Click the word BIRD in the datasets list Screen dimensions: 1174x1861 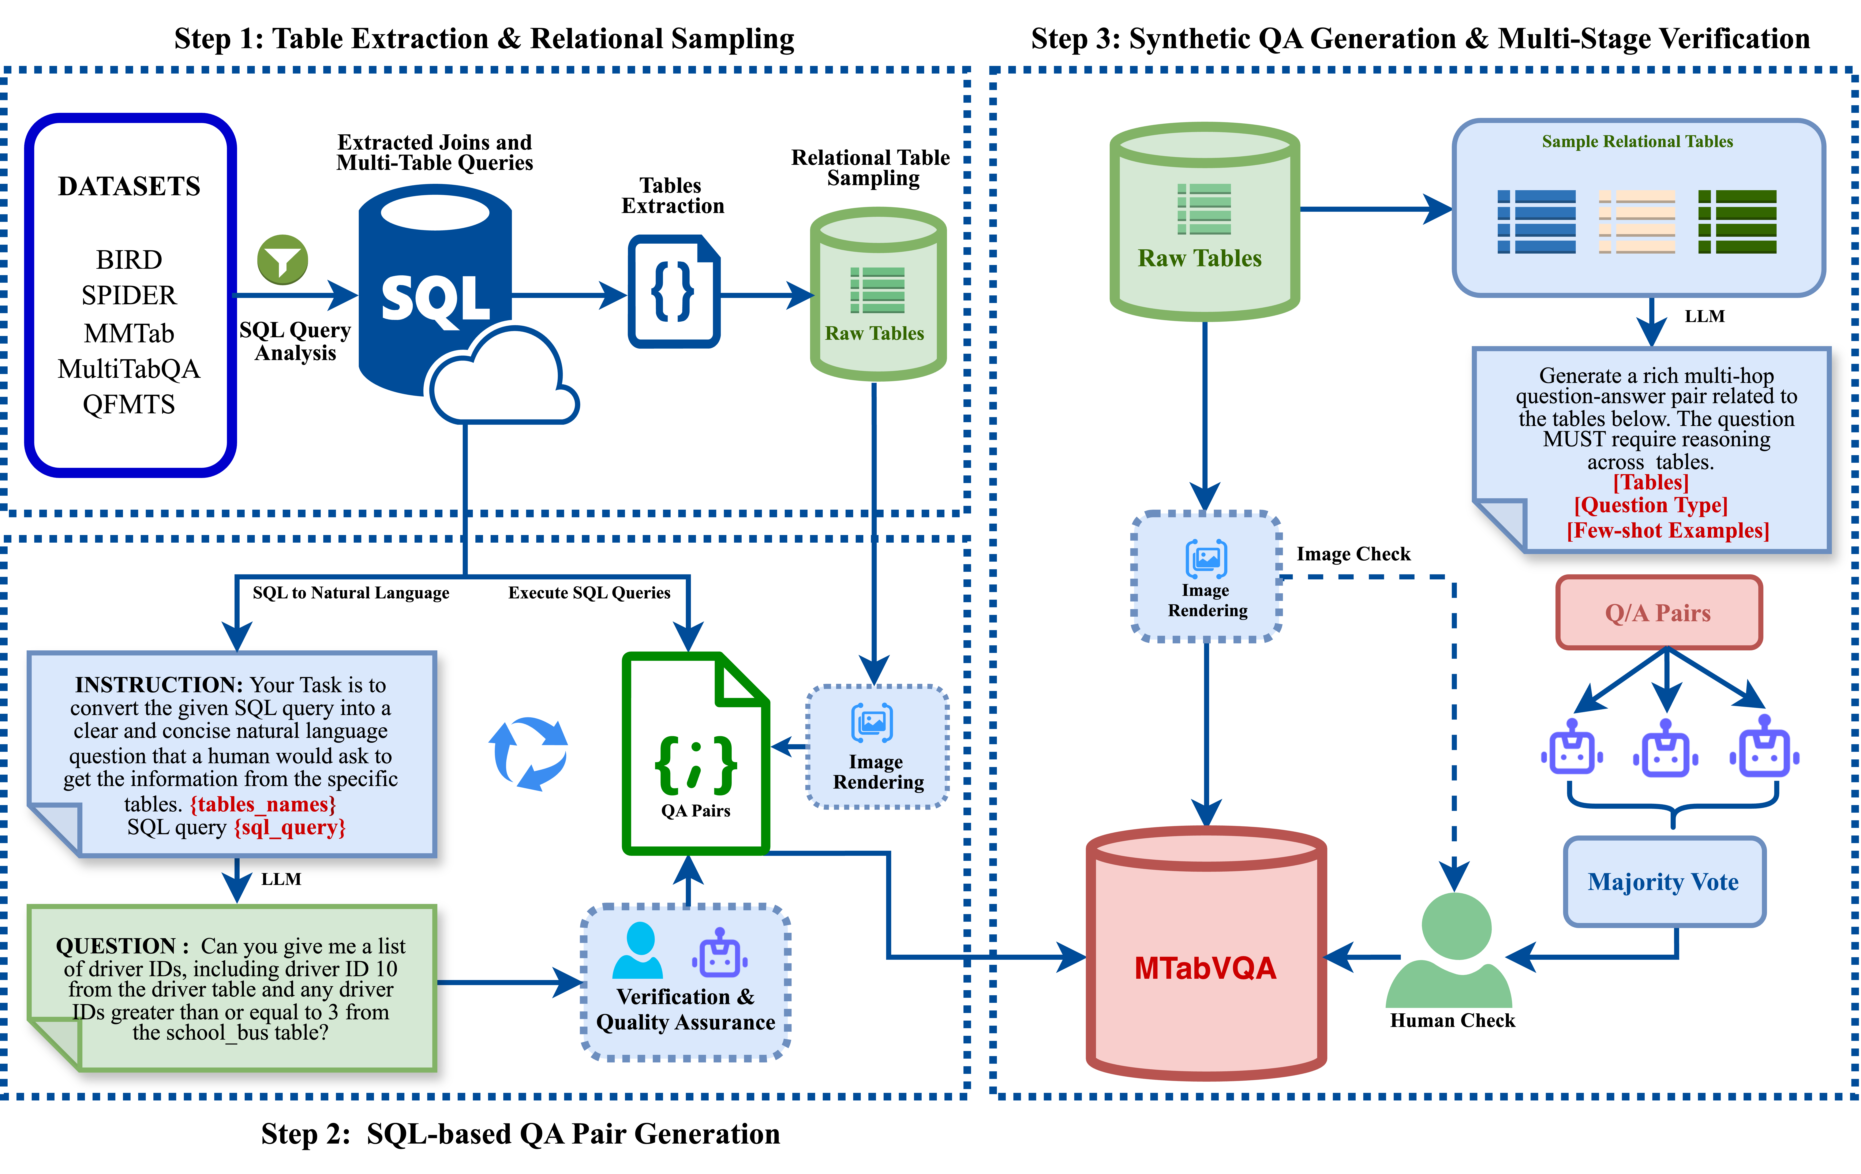click(129, 260)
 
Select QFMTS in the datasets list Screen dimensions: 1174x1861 click(129, 404)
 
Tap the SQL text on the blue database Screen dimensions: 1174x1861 click(435, 300)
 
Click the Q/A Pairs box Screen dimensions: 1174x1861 click(1659, 613)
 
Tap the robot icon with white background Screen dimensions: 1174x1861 click(1765, 747)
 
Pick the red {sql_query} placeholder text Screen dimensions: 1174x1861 click(290, 828)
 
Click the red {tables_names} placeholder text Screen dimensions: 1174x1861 click(263, 805)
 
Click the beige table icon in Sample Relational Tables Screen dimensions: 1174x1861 click(1637, 222)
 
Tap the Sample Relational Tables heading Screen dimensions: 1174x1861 click(1637, 141)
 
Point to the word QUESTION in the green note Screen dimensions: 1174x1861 click(116, 946)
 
